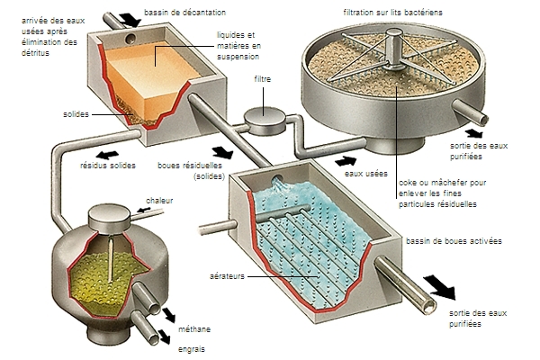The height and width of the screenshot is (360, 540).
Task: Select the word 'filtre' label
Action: [x=263, y=80]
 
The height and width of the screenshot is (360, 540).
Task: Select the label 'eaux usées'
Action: [x=381, y=163]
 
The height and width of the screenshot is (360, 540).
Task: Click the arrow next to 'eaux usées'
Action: [x=345, y=160]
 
